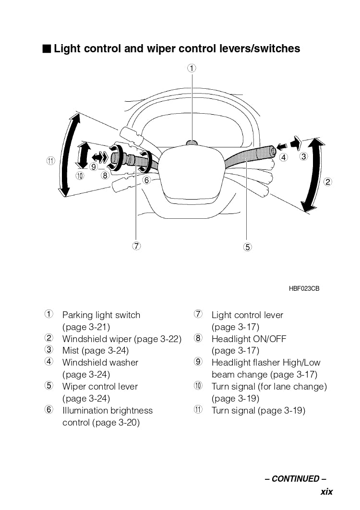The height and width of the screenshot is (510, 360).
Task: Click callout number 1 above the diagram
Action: click(x=192, y=68)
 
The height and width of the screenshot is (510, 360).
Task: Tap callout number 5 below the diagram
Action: click(x=247, y=247)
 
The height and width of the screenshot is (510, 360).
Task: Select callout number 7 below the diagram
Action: click(x=137, y=246)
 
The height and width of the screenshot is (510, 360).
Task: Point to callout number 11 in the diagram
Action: click(x=51, y=161)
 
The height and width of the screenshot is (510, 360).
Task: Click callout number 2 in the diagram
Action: click(x=328, y=182)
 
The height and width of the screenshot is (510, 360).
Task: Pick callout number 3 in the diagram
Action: click(x=303, y=156)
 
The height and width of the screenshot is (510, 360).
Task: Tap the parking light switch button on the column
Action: click(x=192, y=142)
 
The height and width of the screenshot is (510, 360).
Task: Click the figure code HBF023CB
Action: click(x=304, y=289)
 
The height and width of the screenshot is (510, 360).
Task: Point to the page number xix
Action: click(x=326, y=491)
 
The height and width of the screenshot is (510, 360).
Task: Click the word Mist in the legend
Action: click(x=71, y=351)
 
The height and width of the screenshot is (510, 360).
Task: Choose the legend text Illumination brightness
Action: click(x=108, y=411)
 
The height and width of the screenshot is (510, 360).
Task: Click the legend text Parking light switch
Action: click(x=101, y=315)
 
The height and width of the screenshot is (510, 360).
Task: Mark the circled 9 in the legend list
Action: click(x=198, y=362)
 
